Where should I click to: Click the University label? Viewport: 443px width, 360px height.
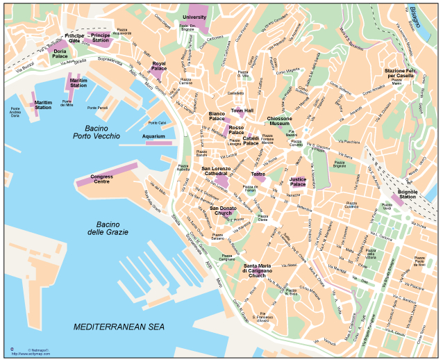(194, 17)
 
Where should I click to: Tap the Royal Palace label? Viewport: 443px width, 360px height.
(159, 66)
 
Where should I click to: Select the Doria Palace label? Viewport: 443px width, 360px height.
(60, 54)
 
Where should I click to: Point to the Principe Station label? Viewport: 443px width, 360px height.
(101, 38)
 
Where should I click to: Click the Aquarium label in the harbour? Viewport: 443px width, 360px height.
(153, 136)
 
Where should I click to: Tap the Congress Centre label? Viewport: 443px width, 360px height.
(102, 179)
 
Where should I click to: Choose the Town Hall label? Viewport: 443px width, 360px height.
(242, 111)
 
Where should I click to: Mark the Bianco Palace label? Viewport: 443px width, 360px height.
(217, 116)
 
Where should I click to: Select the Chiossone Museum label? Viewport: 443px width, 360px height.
(279, 122)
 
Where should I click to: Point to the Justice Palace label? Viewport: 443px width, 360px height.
(297, 181)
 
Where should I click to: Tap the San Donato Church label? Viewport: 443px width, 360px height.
(223, 211)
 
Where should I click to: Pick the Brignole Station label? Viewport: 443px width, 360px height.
(408, 193)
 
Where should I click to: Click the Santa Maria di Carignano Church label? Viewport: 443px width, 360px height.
(257, 270)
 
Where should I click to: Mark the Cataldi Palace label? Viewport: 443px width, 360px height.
(251, 140)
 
